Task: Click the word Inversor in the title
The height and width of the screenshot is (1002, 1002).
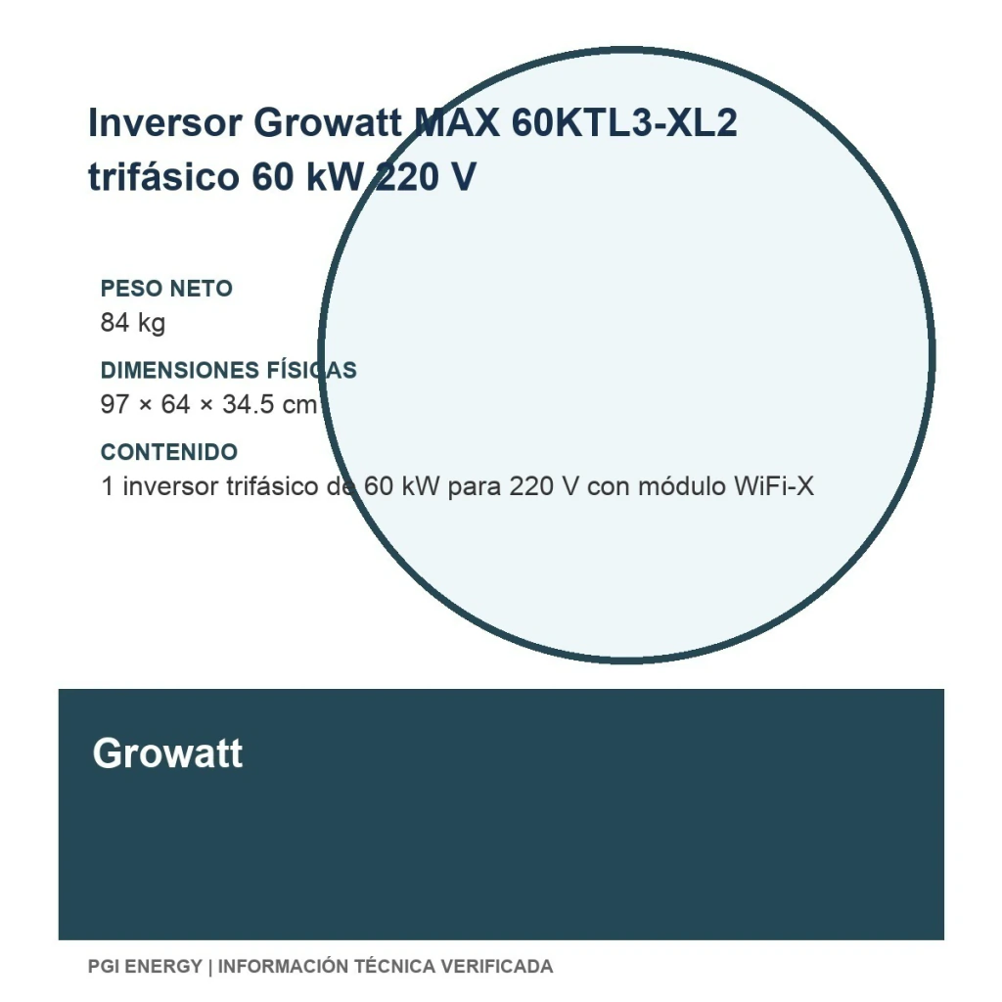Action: pos(164,122)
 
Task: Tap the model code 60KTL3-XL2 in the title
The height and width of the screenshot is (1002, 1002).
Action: pos(624,122)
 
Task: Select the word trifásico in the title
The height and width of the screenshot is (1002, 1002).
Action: pos(163,176)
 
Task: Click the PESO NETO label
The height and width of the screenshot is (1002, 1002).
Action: pos(166,289)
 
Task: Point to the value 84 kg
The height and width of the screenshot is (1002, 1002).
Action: pos(133,323)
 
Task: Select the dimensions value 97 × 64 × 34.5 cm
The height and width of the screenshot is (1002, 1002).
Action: pos(209,404)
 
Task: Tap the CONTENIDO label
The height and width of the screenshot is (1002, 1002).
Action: pos(169,452)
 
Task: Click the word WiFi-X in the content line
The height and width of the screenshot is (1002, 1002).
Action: pos(774,486)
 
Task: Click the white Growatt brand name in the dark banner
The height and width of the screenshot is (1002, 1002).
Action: pos(167,753)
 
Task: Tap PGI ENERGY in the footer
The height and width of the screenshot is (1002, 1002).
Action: pos(145,966)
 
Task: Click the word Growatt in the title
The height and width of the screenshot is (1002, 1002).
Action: pos(328,122)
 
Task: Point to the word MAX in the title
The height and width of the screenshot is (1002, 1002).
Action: pos(457,122)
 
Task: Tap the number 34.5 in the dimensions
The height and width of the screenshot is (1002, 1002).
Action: pos(248,404)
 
